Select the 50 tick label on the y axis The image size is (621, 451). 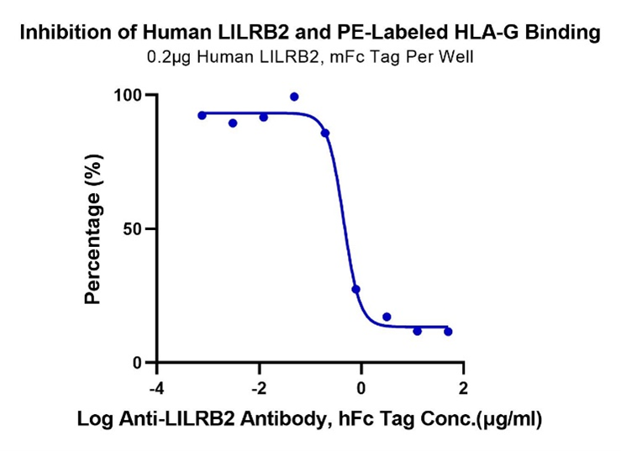(x=132, y=229)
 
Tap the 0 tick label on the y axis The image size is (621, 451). (x=138, y=363)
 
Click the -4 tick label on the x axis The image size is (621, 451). (x=157, y=389)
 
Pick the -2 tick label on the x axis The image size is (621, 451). (x=259, y=389)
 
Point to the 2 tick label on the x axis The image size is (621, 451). (x=463, y=389)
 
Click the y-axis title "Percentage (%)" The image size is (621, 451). (x=94, y=229)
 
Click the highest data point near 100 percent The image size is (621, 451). (x=294, y=97)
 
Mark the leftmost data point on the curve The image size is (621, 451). (x=202, y=116)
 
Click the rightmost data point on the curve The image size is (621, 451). (x=448, y=332)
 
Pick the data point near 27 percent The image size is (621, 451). (x=355, y=289)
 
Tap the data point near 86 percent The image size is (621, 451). (x=325, y=133)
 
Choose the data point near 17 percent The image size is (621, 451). (x=387, y=317)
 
